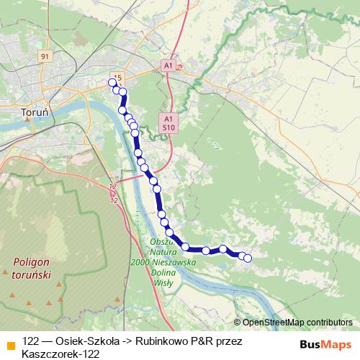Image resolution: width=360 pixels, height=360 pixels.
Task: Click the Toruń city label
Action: point(34,113)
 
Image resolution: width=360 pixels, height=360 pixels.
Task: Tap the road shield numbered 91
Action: point(45,57)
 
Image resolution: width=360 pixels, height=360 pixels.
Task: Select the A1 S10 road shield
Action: point(168,122)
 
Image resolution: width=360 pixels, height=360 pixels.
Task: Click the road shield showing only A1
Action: point(168,65)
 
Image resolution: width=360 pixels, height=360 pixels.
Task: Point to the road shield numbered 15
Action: point(118,78)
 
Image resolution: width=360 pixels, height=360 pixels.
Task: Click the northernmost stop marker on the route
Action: point(112,82)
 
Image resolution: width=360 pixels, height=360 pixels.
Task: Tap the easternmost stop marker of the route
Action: point(248,258)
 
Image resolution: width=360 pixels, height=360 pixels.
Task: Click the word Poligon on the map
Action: point(31,262)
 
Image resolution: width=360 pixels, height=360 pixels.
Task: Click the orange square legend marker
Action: point(9,341)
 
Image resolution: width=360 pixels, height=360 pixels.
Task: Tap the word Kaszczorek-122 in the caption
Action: point(60,354)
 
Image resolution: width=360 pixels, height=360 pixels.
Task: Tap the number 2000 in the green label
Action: point(142,263)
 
